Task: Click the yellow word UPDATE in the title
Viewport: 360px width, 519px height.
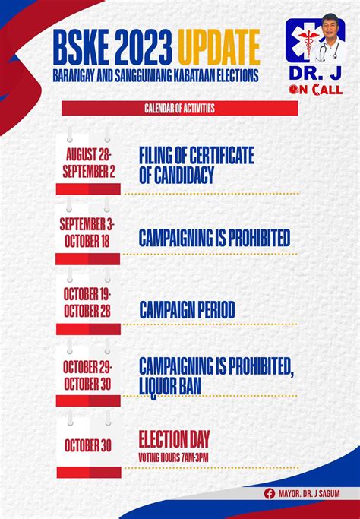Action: pos(219,48)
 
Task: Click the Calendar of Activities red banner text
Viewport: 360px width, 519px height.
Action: pos(179,108)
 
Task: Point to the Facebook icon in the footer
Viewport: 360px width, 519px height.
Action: pos(270,494)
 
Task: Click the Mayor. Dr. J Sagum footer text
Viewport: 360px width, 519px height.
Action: pos(309,494)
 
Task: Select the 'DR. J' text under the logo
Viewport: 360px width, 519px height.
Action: pos(314,74)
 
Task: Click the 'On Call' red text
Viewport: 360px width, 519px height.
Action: pos(315,90)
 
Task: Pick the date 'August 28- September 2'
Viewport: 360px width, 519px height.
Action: pos(88,163)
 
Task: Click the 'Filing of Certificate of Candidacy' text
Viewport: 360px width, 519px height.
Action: pos(196,165)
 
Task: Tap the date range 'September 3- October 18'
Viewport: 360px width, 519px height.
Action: pos(87,233)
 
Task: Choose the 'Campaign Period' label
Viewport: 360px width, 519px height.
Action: pos(187,310)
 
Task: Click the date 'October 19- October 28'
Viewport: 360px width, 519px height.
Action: pos(87,302)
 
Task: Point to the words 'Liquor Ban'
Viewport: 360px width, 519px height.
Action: pos(169,386)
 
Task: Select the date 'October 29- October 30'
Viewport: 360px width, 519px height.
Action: pos(87,375)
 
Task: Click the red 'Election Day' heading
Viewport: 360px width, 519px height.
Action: pos(174,439)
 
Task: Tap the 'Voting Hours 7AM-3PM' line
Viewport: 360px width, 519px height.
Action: pos(173,457)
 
